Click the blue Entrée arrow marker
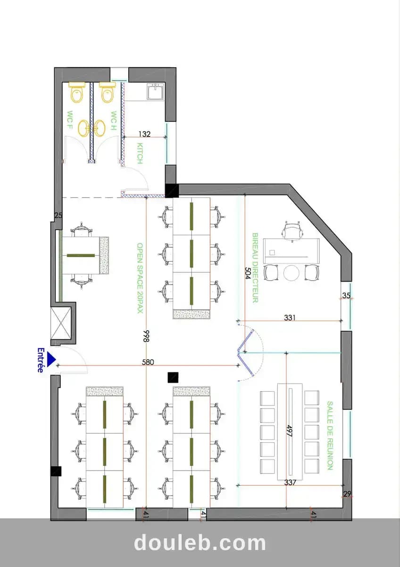click(x=51, y=360)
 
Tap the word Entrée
click(x=41, y=360)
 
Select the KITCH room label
click(x=140, y=154)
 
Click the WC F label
click(x=70, y=120)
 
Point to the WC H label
click(x=114, y=121)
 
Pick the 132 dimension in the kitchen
click(x=144, y=134)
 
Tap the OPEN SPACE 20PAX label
click(x=140, y=278)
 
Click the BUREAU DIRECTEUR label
click(x=255, y=268)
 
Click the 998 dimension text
click(x=146, y=336)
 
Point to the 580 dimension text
click(x=148, y=362)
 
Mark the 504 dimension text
click(x=247, y=273)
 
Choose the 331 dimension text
click(x=290, y=318)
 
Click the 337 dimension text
click(x=290, y=482)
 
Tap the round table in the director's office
click(x=292, y=273)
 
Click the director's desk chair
click(x=292, y=232)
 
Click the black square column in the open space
click(x=173, y=378)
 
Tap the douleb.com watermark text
click(x=200, y=543)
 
